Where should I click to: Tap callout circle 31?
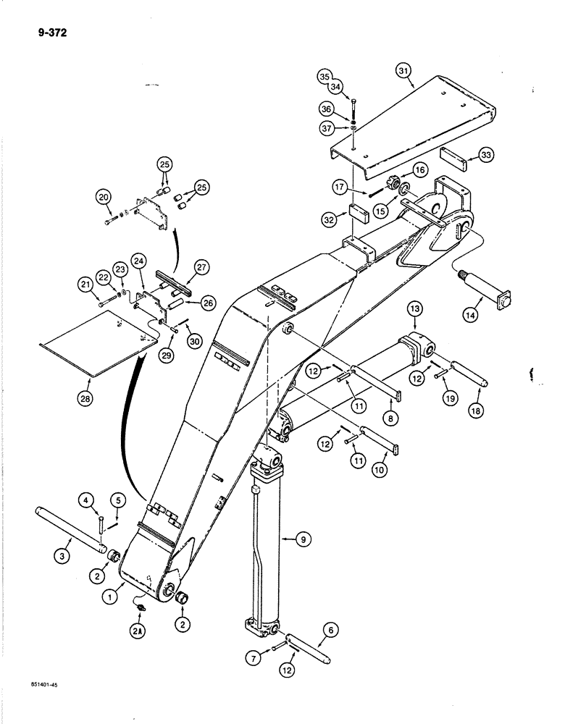pyautogui.click(x=403, y=70)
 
